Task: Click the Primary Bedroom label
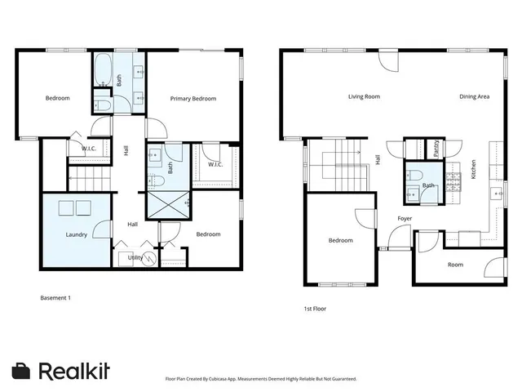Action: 193,99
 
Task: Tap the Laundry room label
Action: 77,234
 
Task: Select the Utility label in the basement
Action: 135,257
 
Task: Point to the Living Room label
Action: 364,96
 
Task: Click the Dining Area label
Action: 474,96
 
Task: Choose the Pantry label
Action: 436,148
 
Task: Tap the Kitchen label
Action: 473,169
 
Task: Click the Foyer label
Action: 404,219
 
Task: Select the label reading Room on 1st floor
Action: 455,265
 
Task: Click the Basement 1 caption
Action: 55,298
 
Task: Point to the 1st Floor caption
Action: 315,309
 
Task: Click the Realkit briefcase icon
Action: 22,370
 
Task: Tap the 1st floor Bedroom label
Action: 340,240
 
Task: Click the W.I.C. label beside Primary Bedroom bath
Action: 215,164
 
